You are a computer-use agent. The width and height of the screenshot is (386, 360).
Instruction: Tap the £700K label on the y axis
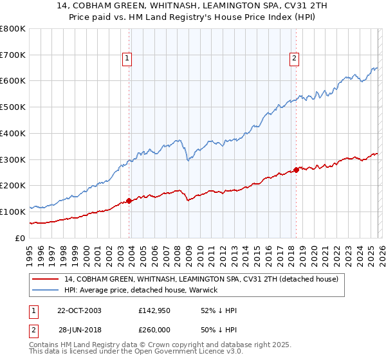coord(13,55)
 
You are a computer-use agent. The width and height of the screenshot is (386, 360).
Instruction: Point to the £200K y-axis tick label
coord(13,185)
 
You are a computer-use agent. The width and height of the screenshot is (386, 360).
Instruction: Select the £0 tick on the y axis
coord(21,237)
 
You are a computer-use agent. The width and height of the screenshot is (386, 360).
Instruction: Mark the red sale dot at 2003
coord(129,201)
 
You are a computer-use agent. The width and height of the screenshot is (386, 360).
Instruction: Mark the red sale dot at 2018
coord(296,170)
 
